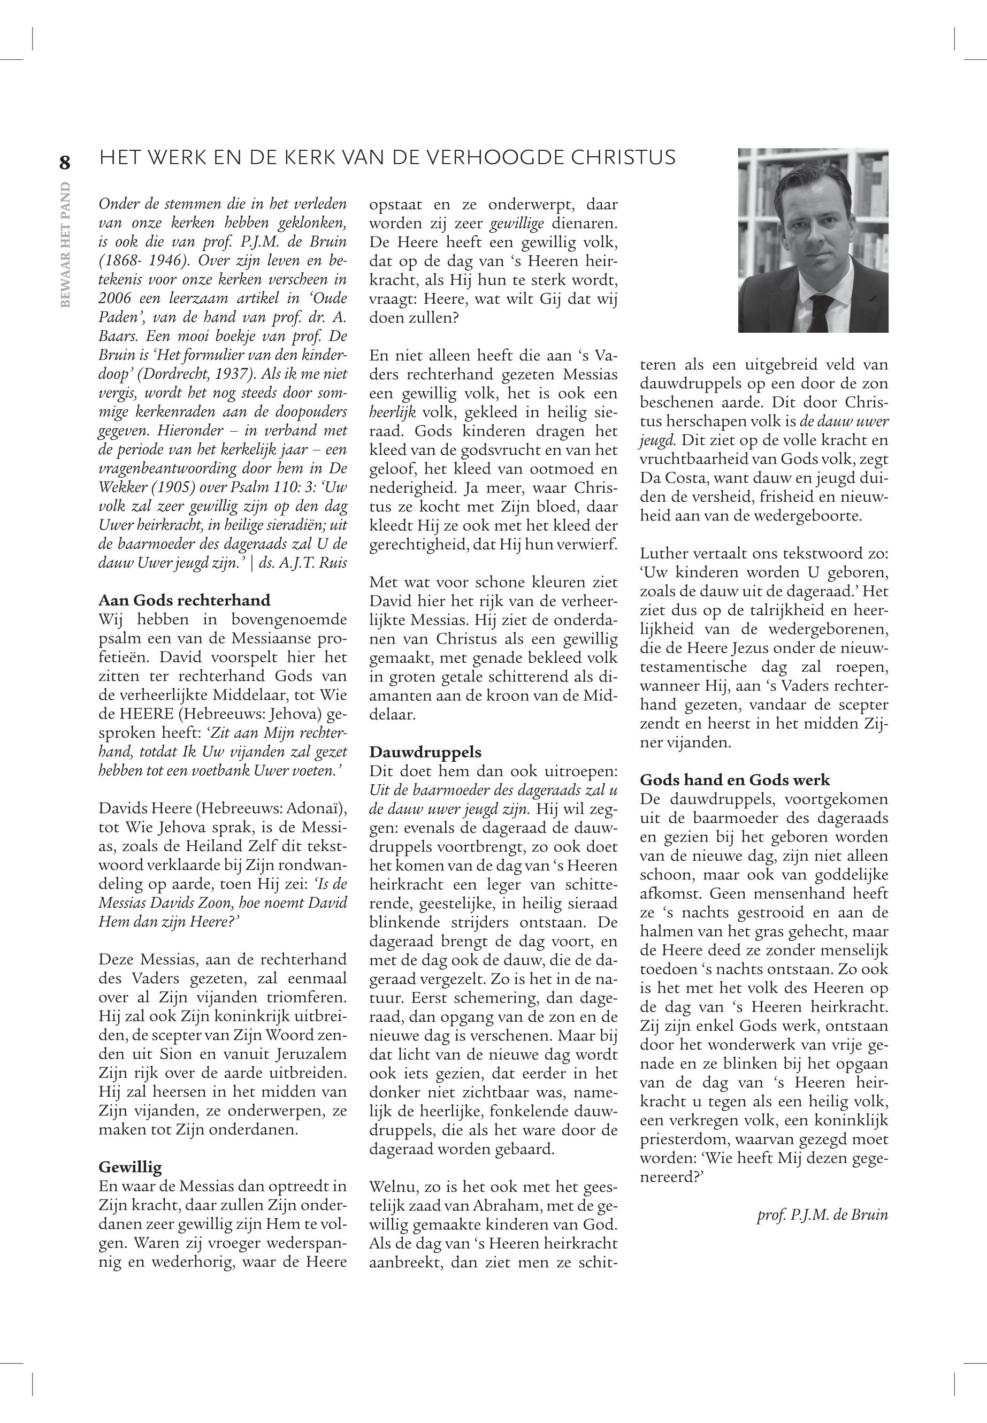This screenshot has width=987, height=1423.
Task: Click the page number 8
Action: (65, 163)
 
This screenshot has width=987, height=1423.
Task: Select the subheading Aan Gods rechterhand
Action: (184, 600)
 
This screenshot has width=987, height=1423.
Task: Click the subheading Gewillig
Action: (130, 1167)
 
